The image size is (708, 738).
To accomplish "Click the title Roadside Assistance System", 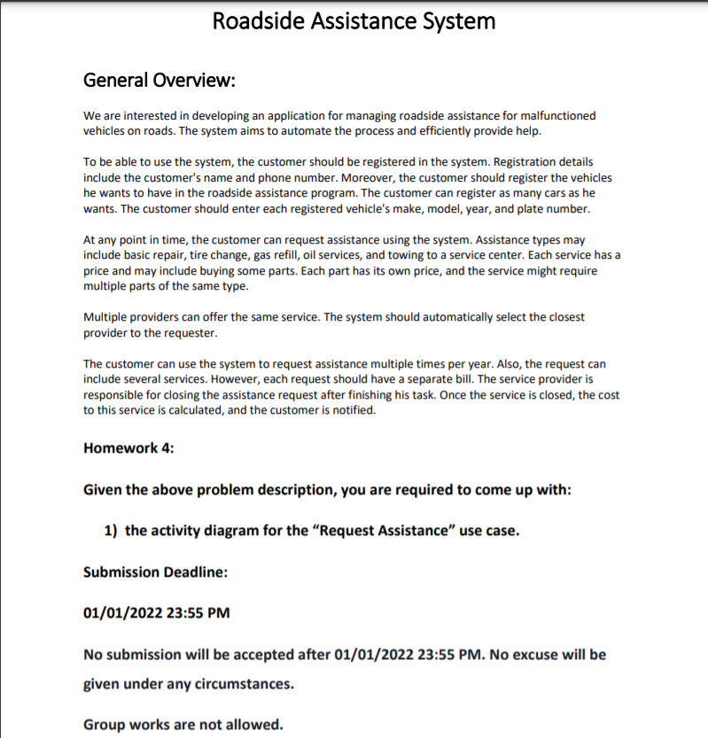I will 354,21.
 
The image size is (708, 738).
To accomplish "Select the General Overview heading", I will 159,80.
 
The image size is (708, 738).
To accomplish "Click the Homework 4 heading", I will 128,447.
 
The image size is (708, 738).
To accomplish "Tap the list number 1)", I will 111,531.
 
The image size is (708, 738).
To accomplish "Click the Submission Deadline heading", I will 155,571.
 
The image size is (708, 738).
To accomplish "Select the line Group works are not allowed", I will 183,725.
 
